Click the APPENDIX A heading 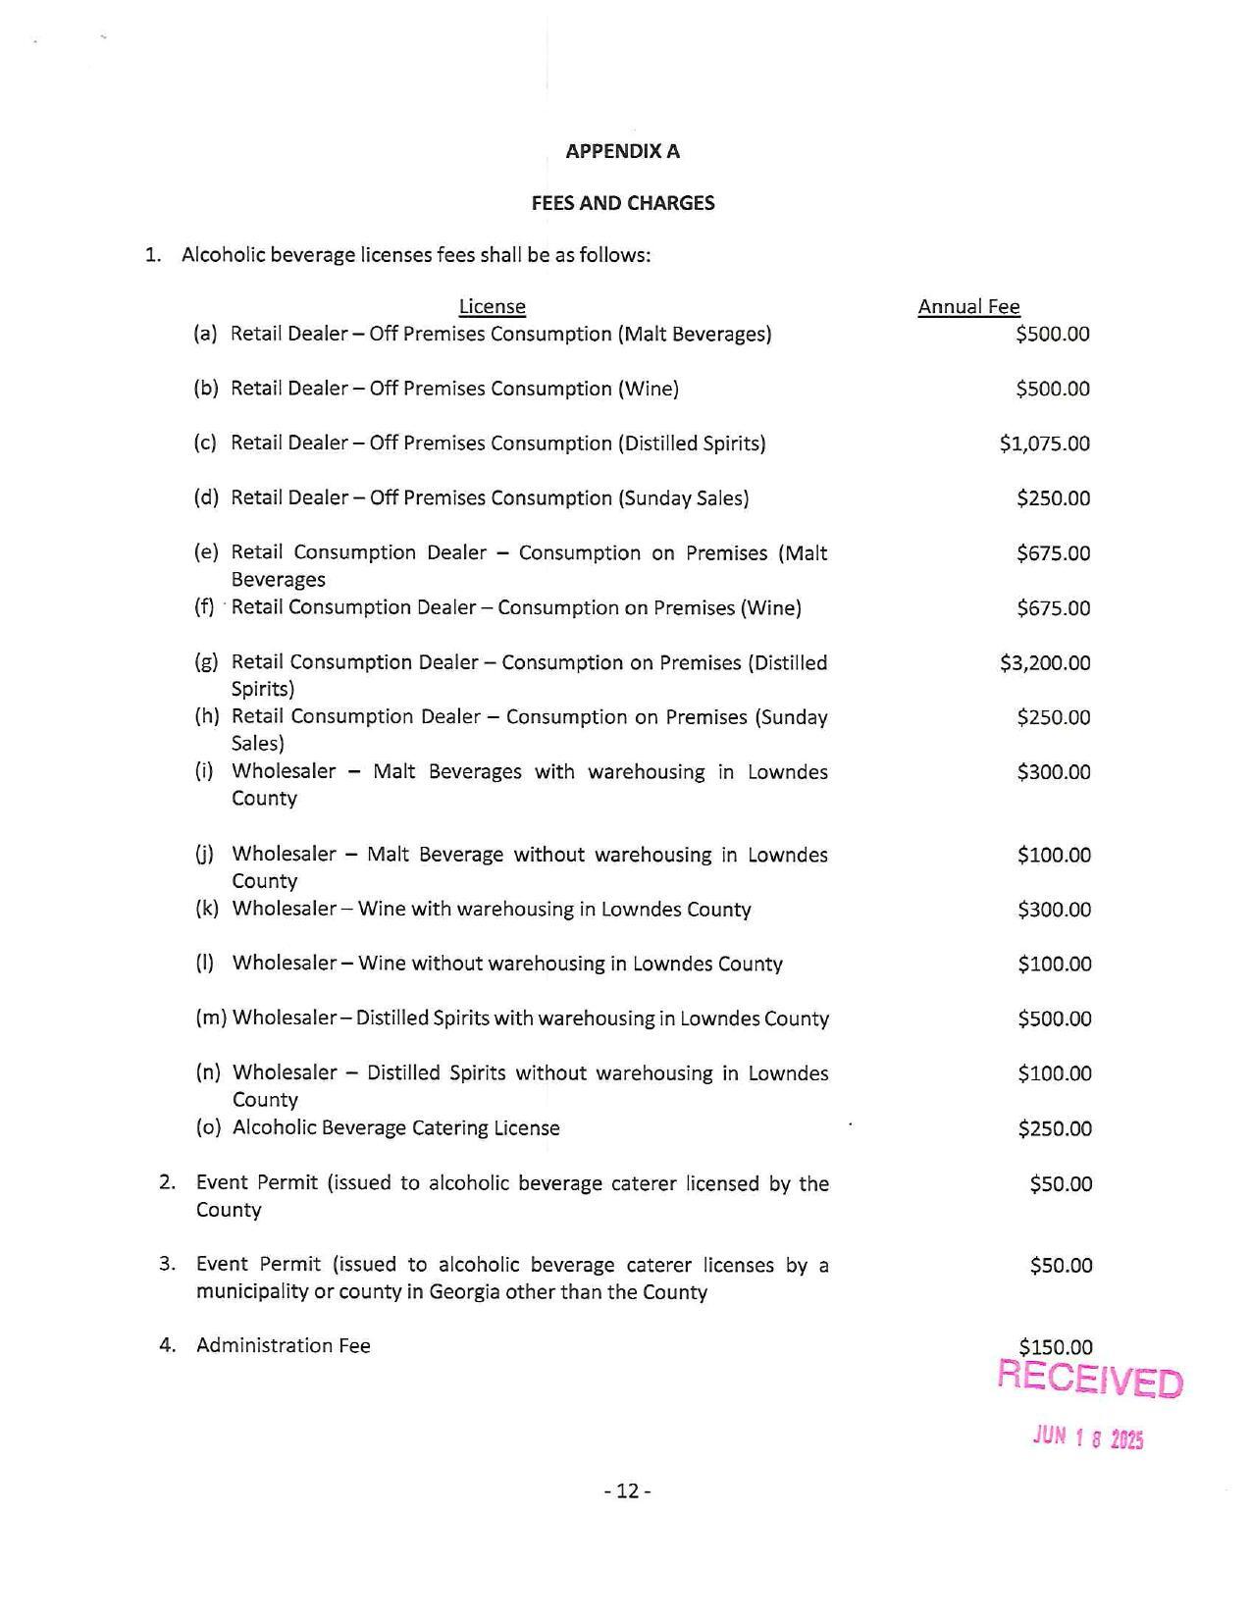click(x=622, y=151)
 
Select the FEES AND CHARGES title click(x=622, y=203)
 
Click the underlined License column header click(x=492, y=307)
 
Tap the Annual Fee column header click(x=968, y=307)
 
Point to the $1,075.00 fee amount click(x=1044, y=444)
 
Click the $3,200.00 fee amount click(x=1044, y=663)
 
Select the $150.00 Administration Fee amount click(x=1055, y=1346)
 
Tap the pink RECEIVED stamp click(x=1089, y=1380)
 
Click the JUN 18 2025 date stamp click(x=1087, y=1437)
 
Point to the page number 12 click(x=627, y=1491)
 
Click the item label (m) click(x=211, y=1018)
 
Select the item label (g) click(x=206, y=662)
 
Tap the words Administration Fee click(x=283, y=1345)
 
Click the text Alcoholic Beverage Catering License click(x=395, y=1128)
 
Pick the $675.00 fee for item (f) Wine click(x=1053, y=608)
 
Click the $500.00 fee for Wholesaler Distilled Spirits click(x=1054, y=1018)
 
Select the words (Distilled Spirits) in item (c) click(x=691, y=444)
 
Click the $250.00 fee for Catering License click(x=1054, y=1128)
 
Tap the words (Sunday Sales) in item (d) click(x=683, y=498)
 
